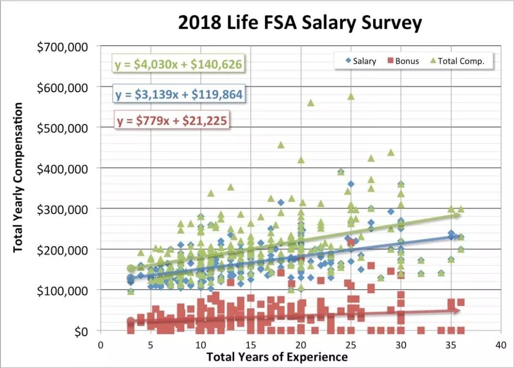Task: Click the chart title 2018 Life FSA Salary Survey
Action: tap(300, 23)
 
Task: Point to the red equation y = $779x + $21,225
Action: tap(171, 120)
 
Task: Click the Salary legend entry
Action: tap(360, 61)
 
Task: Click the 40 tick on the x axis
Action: tap(500, 345)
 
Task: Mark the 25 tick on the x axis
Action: tap(350, 345)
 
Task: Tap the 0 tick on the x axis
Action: tap(100, 345)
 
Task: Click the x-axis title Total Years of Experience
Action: tap(277, 357)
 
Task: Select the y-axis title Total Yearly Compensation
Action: tap(18, 178)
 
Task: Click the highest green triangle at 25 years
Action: tap(351, 97)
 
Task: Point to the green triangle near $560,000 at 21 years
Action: tap(311, 103)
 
